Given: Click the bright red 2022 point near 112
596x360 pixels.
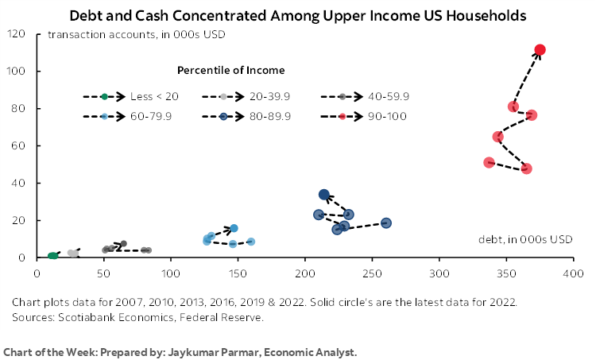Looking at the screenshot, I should click(x=540, y=50).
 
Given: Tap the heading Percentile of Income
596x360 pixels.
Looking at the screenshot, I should click(x=231, y=71).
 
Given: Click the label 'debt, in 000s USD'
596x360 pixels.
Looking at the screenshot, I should click(x=525, y=239).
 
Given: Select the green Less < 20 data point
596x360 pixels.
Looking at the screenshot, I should click(x=52, y=256).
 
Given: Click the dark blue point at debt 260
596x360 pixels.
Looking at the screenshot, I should click(x=386, y=223).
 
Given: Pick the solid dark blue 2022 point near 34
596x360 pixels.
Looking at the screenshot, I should click(x=324, y=195).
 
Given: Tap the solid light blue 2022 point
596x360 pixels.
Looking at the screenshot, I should click(x=234, y=228).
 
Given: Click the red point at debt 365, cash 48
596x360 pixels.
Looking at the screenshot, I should click(x=526, y=168).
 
